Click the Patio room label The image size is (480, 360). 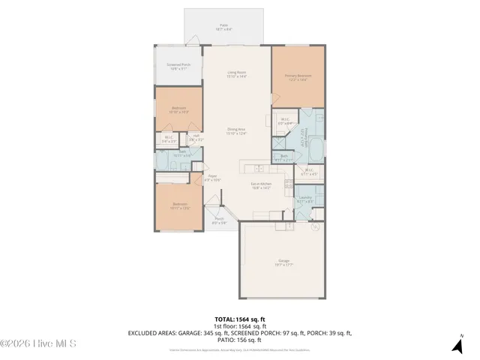tap(223, 27)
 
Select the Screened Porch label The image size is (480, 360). tap(178, 67)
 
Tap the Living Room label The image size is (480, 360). tap(237, 74)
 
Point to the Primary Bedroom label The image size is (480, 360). tap(298, 76)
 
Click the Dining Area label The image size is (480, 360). tap(237, 132)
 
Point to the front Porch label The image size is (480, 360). tap(219, 221)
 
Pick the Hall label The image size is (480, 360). tap(196, 138)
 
